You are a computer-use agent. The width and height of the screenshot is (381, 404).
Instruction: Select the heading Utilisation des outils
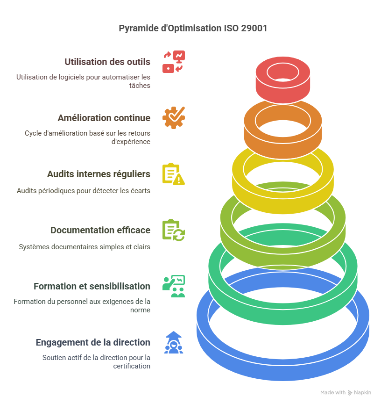pyautogui.click(x=107, y=62)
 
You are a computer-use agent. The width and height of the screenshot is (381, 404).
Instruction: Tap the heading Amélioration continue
pyautogui.click(x=104, y=118)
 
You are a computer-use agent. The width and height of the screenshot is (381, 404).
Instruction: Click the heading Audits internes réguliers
pyautogui.click(x=99, y=174)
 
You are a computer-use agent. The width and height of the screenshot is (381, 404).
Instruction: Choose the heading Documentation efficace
pyautogui.click(x=100, y=230)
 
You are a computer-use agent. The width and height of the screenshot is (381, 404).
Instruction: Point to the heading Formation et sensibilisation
pyautogui.click(x=92, y=286)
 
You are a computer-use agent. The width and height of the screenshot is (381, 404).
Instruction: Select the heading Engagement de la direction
pyautogui.click(x=93, y=342)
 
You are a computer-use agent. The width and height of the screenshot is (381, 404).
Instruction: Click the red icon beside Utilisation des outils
pyautogui.click(x=174, y=62)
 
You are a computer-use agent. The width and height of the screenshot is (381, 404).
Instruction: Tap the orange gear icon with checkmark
pyautogui.click(x=174, y=118)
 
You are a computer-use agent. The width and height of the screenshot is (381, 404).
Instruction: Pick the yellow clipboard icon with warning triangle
pyautogui.click(x=174, y=174)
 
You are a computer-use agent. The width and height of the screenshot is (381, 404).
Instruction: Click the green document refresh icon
pyautogui.click(x=174, y=230)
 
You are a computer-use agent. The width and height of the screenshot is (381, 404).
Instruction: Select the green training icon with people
pyautogui.click(x=174, y=286)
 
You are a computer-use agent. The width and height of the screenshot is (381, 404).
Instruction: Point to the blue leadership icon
pyautogui.click(x=174, y=342)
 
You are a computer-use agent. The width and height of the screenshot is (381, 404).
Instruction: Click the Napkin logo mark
pyautogui.click(x=350, y=393)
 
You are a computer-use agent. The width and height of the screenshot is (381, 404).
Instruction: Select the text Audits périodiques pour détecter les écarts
pyautogui.click(x=83, y=191)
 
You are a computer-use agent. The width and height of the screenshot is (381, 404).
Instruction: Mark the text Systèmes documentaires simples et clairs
pyautogui.click(x=85, y=247)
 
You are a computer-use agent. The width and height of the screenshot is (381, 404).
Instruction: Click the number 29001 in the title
pyautogui.click(x=254, y=29)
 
